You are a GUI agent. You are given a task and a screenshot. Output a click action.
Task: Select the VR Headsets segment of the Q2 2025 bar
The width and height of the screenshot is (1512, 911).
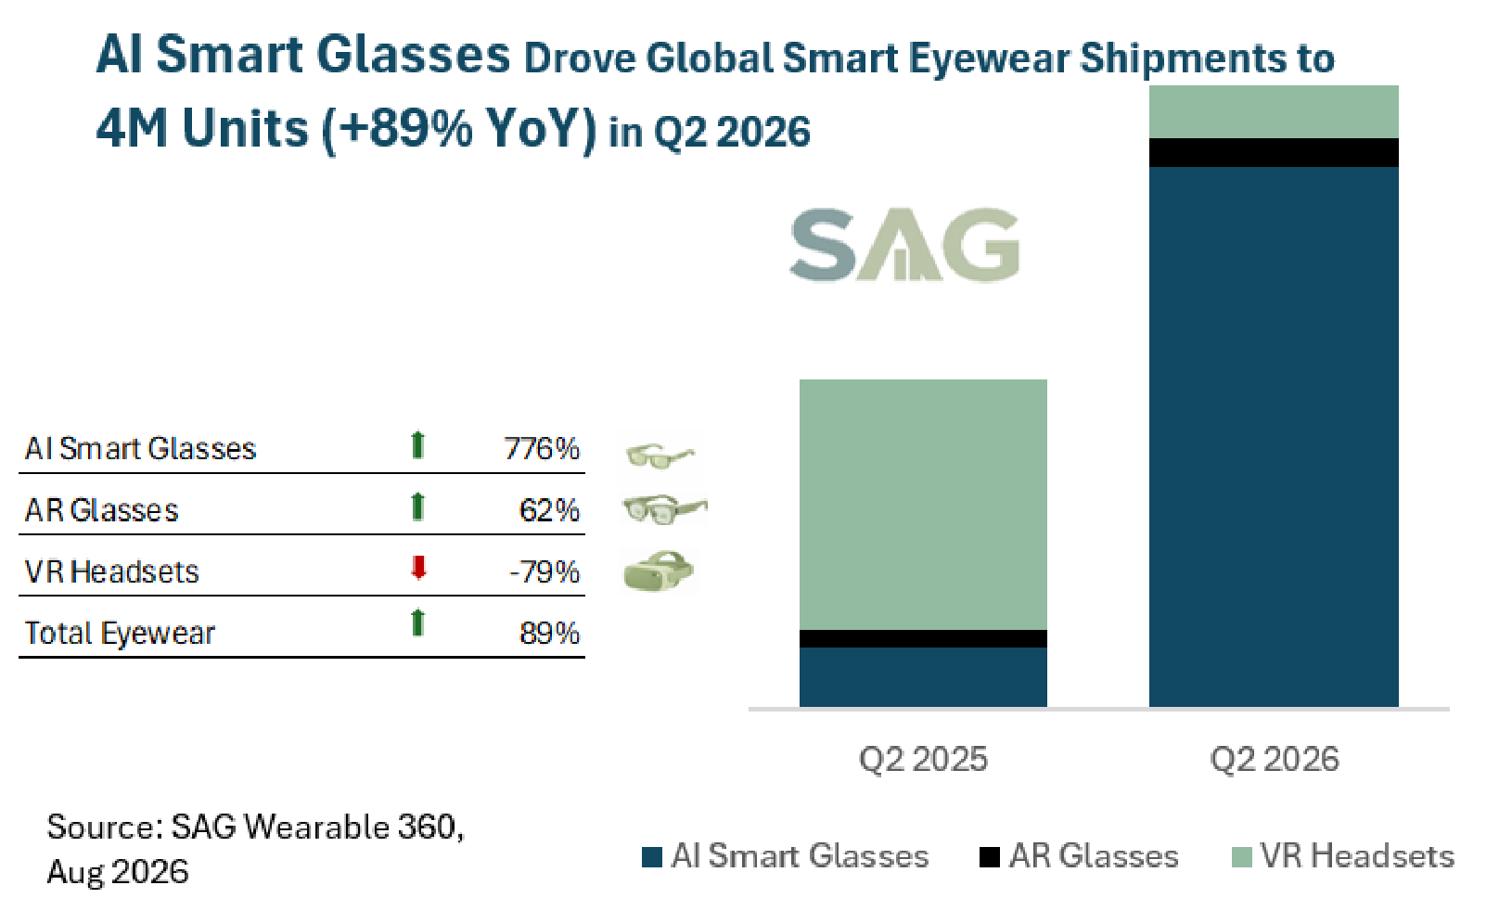923,505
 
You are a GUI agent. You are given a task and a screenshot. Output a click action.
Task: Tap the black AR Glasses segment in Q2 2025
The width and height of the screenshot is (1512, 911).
923,639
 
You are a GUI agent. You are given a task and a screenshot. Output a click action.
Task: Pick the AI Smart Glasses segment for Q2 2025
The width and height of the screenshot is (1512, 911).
923,677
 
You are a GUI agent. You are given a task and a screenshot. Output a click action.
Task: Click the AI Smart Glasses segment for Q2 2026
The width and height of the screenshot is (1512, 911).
1274,437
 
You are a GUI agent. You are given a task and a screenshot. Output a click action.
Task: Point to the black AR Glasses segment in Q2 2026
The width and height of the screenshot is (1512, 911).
1274,153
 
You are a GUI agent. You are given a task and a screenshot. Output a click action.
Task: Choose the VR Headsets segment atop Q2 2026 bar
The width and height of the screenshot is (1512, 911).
1274,112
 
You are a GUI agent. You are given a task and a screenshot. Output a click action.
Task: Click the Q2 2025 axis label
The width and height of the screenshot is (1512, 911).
923,759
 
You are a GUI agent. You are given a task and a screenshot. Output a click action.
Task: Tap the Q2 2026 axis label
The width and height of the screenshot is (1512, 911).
1274,759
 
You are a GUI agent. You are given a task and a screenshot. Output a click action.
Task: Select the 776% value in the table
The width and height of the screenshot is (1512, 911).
542,448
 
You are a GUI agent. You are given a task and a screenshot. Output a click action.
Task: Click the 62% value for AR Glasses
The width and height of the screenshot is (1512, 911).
549,510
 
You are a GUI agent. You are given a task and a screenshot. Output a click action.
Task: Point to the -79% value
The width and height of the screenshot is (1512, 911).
545,572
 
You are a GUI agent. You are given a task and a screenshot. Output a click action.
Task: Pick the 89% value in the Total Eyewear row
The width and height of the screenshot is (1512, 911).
549,634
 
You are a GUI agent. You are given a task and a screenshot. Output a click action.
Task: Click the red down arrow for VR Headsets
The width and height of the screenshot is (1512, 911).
418,567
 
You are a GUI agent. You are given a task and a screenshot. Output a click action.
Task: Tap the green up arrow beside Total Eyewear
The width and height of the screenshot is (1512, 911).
417,622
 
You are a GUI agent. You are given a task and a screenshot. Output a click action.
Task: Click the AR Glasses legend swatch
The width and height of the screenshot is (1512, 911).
990,857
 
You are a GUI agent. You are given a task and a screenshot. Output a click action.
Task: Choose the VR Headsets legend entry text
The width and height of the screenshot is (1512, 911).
1357,856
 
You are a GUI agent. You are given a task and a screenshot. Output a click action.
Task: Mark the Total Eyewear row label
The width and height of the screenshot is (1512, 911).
120,634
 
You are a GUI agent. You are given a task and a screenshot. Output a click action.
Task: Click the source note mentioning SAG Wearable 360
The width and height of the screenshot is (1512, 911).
255,849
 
